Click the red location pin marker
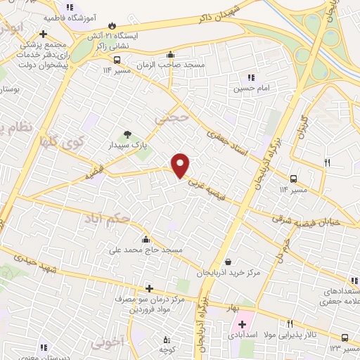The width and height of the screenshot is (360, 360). [x=181, y=165]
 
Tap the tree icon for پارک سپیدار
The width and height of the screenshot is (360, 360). [x=127, y=134]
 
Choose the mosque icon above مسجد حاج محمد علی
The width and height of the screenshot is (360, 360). [x=146, y=238]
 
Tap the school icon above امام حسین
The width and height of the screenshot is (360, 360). [x=250, y=78]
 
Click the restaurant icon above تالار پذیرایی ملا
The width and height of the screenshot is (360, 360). [x=290, y=323]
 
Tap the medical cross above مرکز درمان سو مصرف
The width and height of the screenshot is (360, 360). [x=148, y=288]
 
